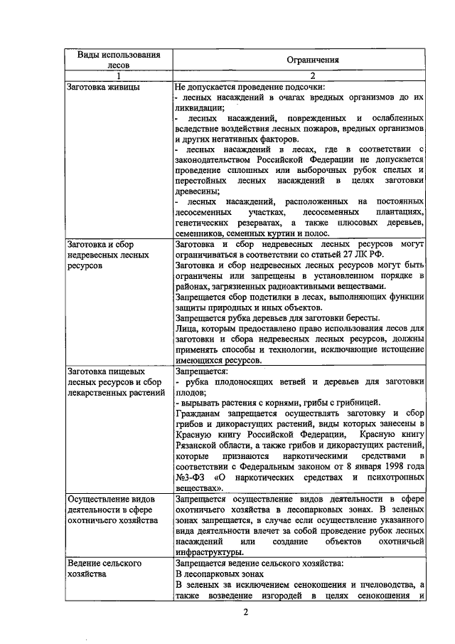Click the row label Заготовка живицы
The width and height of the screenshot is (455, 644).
coord(102,88)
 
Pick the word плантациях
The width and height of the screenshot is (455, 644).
coord(397,212)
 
